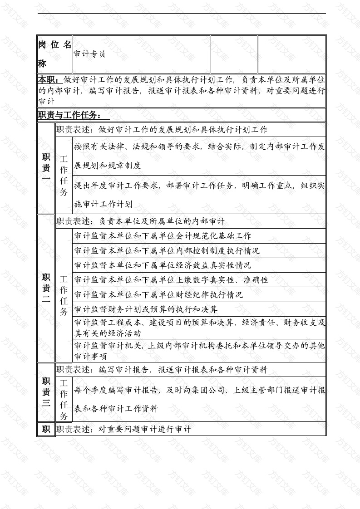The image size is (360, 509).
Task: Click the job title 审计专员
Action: tap(90, 54)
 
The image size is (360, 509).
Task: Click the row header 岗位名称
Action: tap(54, 54)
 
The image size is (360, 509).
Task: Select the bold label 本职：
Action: tap(48, 80)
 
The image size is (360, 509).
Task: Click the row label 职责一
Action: tap(46, 168)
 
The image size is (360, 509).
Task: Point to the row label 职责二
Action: tap(46, 288)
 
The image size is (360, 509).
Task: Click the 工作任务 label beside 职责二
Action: tap(64, 295)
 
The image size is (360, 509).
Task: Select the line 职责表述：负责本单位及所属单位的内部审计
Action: tap(140, 221)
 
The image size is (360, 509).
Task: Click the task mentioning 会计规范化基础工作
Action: tap(162, 236)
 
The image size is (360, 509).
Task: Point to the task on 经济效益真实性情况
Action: tap(162, 265)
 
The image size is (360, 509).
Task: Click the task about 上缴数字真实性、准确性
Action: tap(171, 280)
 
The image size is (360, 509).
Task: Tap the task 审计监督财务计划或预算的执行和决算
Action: tap(145, 309)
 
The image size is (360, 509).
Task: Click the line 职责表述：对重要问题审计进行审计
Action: tap(123, 429)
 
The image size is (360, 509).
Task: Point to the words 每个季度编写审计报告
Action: tap(116, 389)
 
